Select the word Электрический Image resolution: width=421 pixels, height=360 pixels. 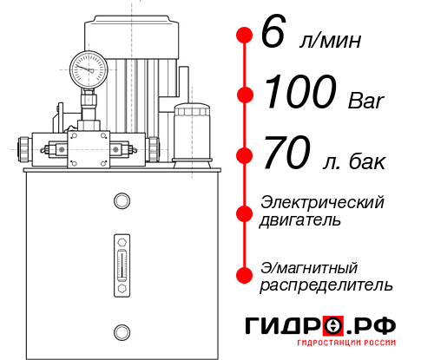tap(322, 202)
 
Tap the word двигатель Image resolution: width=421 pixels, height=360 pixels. tap(300, 220)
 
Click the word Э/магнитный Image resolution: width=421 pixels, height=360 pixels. tap(309, 266)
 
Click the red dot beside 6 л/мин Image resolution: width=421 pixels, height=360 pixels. tap(244, 36)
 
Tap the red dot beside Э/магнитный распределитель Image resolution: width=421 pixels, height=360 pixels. tap(244, 275)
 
